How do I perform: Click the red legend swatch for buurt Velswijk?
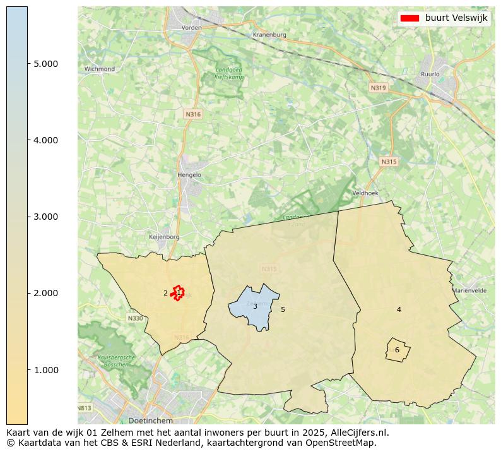(x=410, y=18)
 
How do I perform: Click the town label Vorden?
(x=191, y=28)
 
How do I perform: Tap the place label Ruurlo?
(x=430, y=74)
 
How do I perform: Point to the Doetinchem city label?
(x=150, y=420)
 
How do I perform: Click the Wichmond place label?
(x=100, y=69)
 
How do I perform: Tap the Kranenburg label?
(x=269, y=35)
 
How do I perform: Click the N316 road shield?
(x=192, y=114)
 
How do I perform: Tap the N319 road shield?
(x=378, y=88)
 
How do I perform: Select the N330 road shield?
(x=135, y=318)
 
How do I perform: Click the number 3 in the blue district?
(x=255, y=306)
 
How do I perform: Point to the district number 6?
(x=397, y=350)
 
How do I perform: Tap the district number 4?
(x=399, y=309)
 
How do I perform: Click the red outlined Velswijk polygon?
(x=179, y=292)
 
